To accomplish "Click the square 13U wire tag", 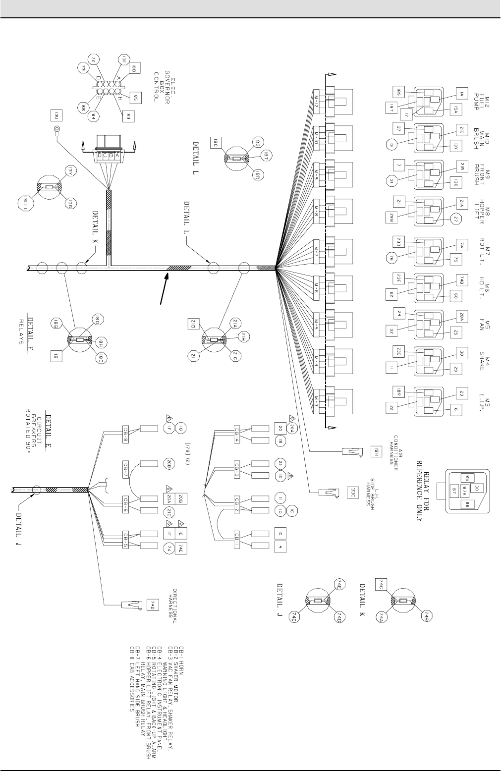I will click(x=56, y=115).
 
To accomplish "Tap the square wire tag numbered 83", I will click(x=128, y=116).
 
